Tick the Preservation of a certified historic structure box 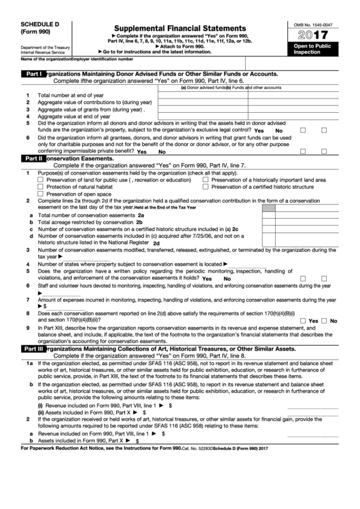coord(206,187)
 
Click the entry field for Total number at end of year coord(202,95)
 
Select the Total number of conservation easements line coord(88,215)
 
